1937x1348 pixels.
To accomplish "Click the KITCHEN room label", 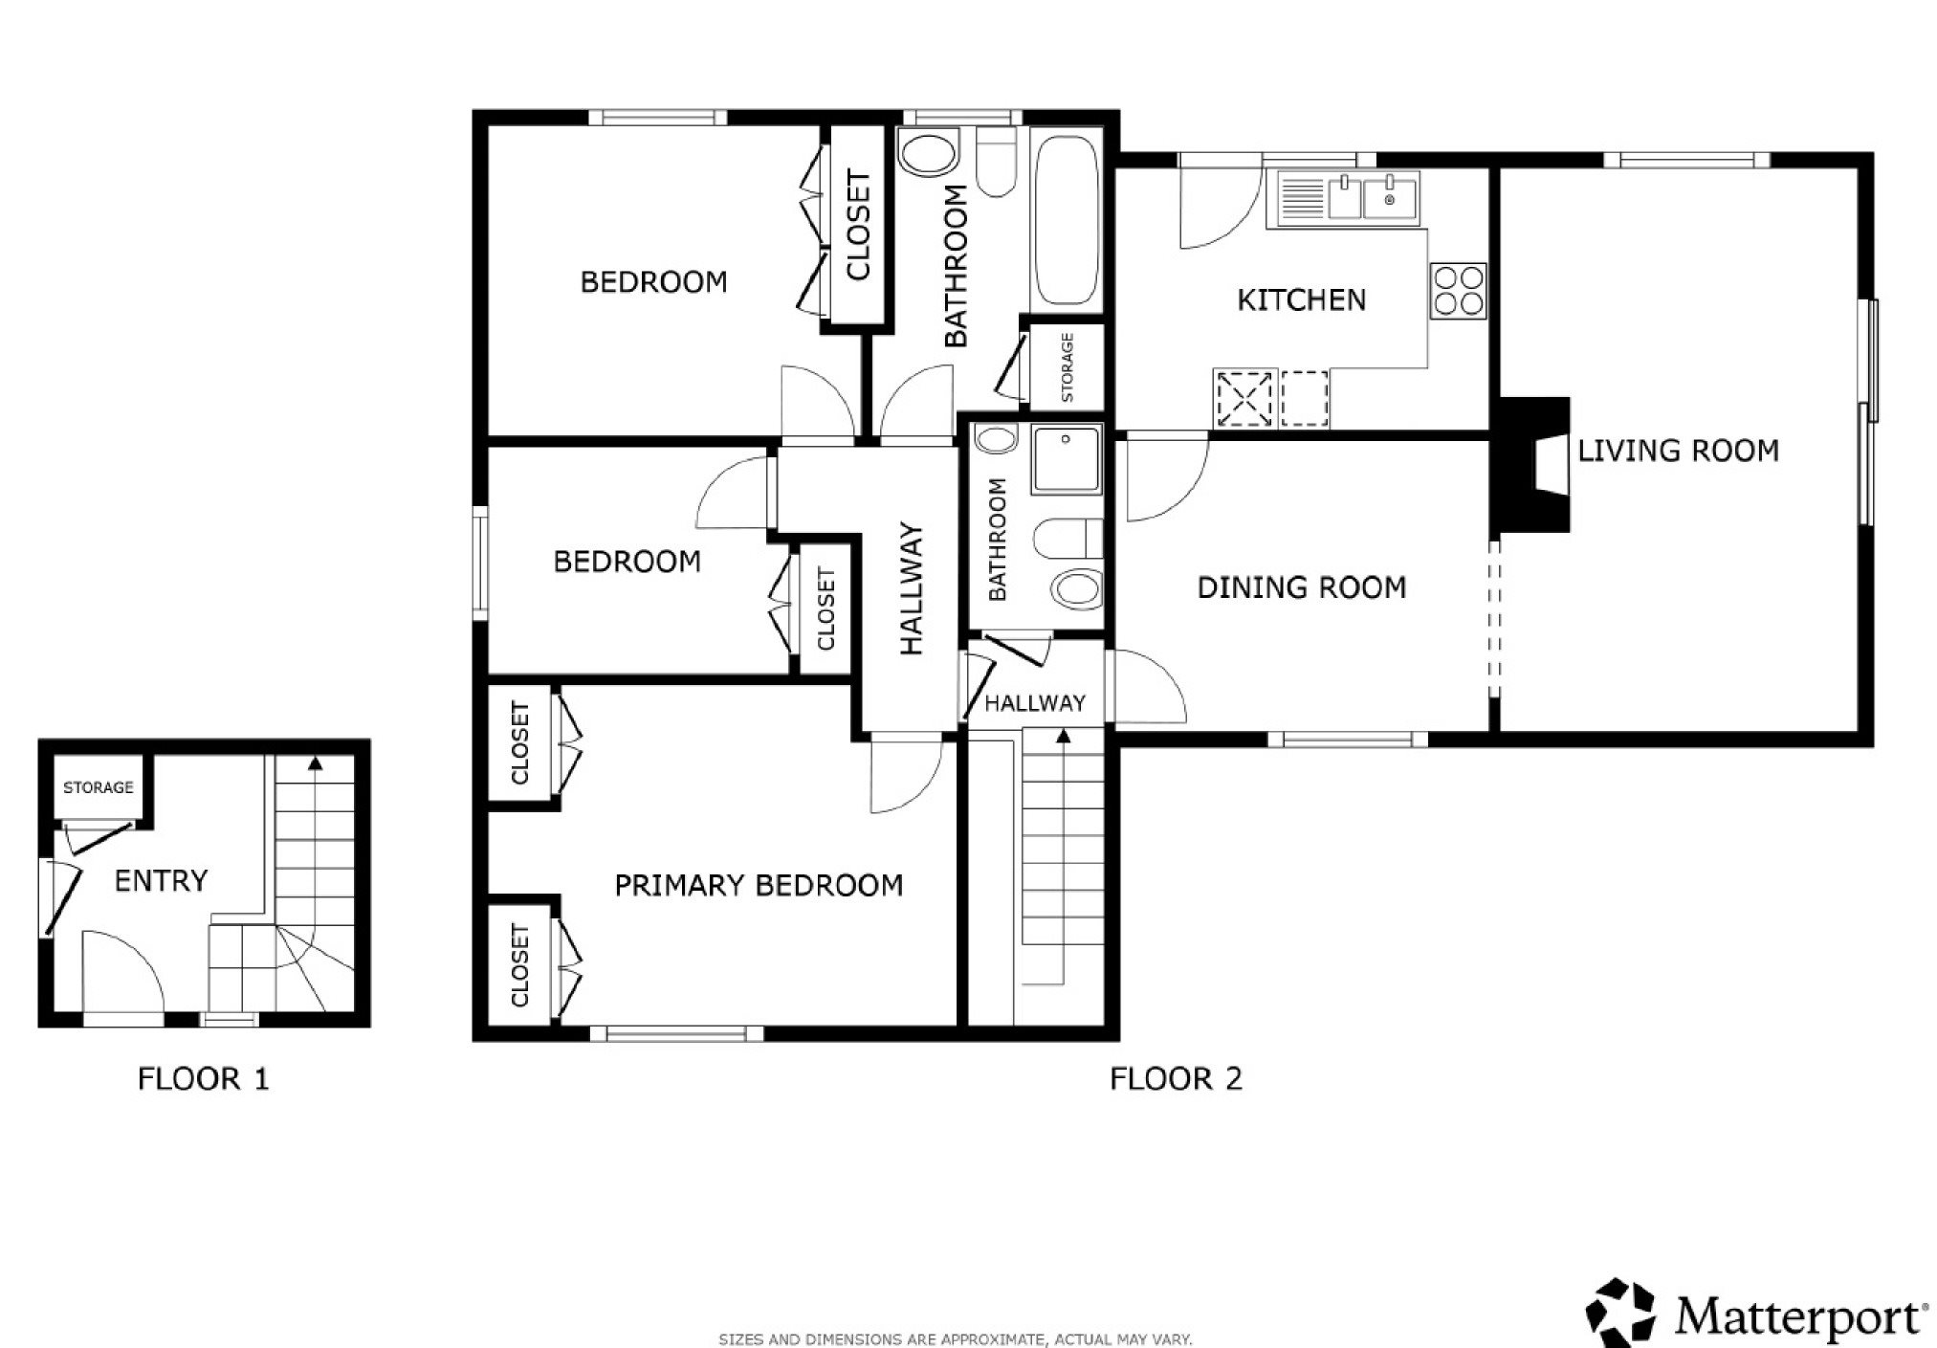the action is click(x=1301, y=300).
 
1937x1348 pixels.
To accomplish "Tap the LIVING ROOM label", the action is click(x=1678, y=451).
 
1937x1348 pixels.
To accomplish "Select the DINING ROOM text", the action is click(x=1302, y=587).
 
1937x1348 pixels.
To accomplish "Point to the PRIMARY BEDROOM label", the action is click(x=759, y=886).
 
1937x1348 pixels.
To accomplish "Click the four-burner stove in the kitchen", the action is click(x=1459, y=291).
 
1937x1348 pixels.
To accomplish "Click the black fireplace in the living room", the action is click(x=1531, y=464).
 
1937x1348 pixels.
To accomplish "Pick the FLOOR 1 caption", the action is click(x=204, y=1079).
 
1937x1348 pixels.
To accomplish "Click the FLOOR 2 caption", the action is click(x=1176, y=1079).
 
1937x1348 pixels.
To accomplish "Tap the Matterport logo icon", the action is click(x=1621, y=1313).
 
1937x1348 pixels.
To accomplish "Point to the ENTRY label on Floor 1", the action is click(x=161, y=880).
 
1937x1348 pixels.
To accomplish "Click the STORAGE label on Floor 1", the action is click(x=99, y=787).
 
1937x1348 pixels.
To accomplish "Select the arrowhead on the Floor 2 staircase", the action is click(x=1063, y=735).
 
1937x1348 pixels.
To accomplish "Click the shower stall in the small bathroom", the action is click(x=1067, y=460).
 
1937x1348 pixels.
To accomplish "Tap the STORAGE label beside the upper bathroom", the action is click(x=1068, y=367).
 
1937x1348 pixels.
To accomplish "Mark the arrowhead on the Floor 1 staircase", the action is click(x=315, y=763).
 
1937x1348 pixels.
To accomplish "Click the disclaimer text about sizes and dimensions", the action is click(x=956, y=1339).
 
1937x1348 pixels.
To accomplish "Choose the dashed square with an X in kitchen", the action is click(x=1244, y=399).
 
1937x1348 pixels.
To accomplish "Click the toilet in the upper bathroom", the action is click(x=998, y=165).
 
